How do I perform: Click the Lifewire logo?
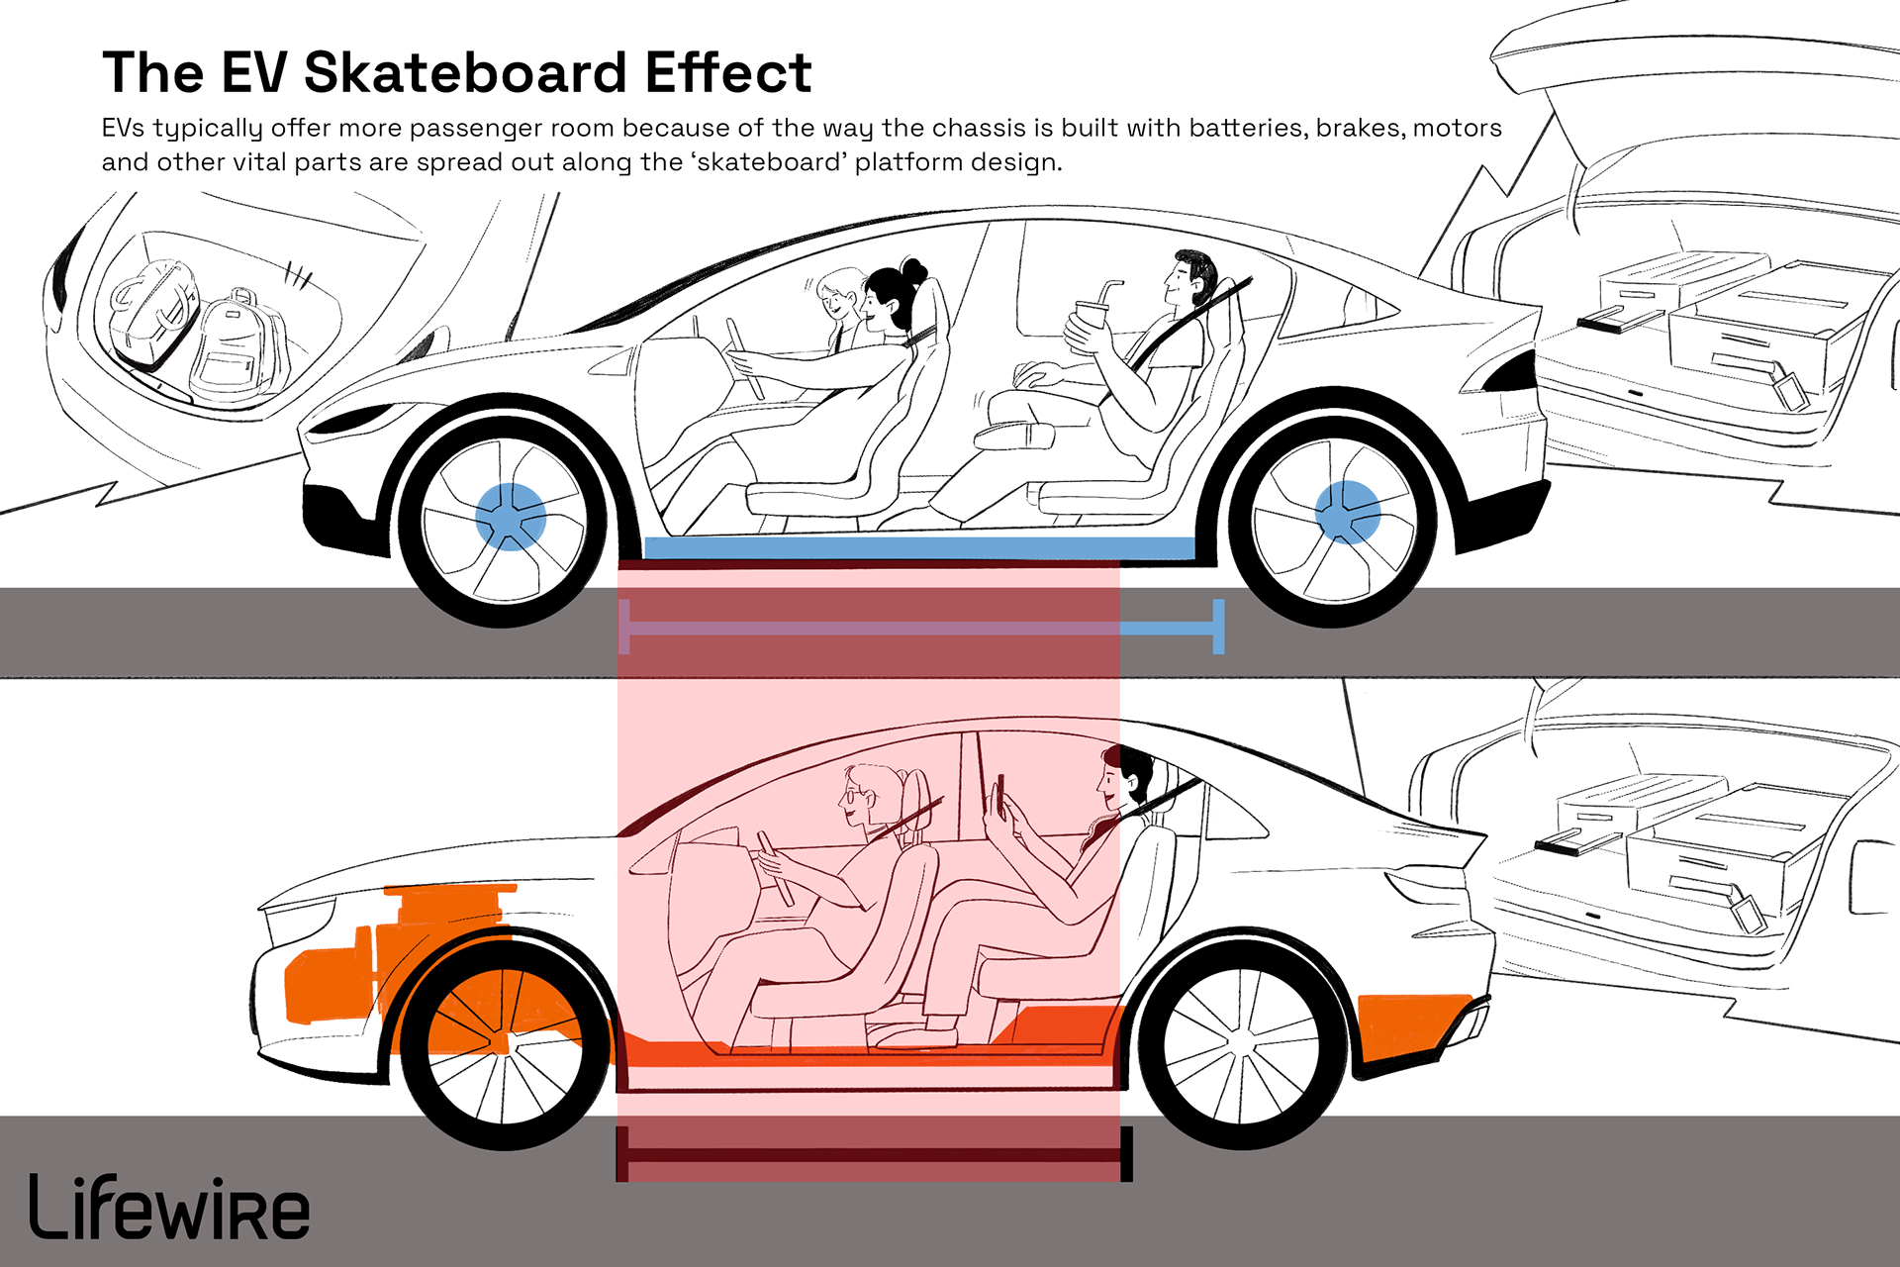pos(168,1208)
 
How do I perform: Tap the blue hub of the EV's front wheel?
pos(510,516)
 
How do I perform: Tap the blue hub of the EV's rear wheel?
pos(1347,512)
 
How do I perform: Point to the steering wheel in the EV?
pos(744,356)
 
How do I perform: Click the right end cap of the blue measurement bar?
pos(1218,627)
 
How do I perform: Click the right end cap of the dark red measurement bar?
pos(1126,1154)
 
